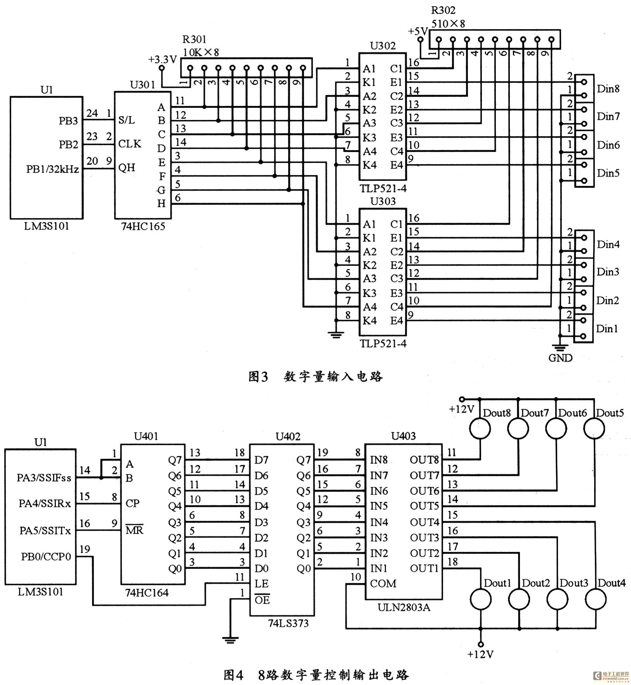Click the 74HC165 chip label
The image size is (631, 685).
(x=143, y=226)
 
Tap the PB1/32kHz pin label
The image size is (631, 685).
(x=52, y=169)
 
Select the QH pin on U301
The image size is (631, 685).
(x=127, y=168)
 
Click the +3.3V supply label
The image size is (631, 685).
(x=162, y=60)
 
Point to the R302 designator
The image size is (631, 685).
(x=443, y=10)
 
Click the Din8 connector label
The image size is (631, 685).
(x=608, y=89)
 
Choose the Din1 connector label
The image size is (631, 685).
(x=607, y=329)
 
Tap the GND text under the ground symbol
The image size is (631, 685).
(x=560, y=357)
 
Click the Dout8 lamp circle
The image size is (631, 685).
(x=480, y=428)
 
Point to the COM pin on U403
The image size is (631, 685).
(x=383, y=583)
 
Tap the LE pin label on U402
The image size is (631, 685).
(x=261, y=584)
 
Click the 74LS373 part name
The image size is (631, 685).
(x=288, y=623)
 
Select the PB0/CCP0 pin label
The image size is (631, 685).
(x=46, y=557)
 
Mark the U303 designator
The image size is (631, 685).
(x=383, y=201)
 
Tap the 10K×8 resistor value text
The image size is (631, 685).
(x=201, y=52)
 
